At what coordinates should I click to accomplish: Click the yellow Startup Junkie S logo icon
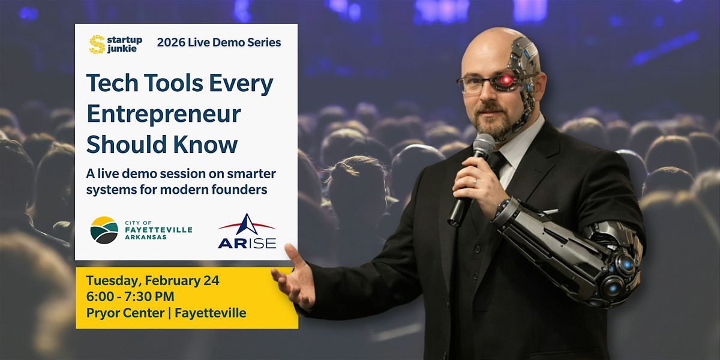(x=97, y=44)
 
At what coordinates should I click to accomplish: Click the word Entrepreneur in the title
(x=164, y=115)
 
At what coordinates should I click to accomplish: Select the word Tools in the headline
(x=173, y=83)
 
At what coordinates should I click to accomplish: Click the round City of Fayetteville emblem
(x=104, y=230)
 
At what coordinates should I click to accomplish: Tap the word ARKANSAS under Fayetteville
(x=146, y=237)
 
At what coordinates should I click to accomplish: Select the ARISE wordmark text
(x=247, y=244)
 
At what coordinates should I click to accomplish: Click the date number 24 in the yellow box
(x=211, y=281)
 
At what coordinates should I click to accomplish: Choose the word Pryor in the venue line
(x=101, y=313)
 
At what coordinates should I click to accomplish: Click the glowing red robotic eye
(x=506, y=79)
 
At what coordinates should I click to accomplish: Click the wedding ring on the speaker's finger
(x=475, y=182)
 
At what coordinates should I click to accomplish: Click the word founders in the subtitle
(x=239, y=190)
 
